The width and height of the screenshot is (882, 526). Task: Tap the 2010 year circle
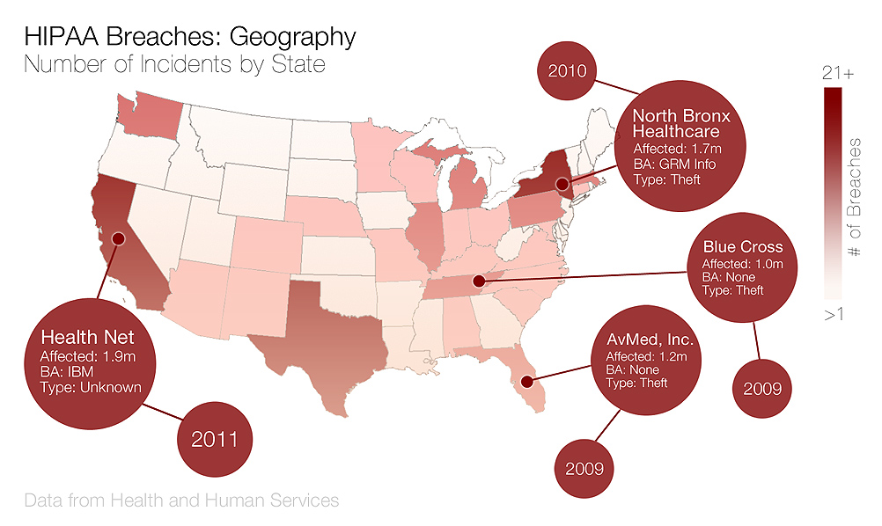click(568, 70)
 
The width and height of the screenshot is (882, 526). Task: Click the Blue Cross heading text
click(742, 247)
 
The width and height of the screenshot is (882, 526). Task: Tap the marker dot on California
click(118, 238)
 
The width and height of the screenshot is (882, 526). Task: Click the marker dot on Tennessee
click(479, 282)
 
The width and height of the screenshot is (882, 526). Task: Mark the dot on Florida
click(526, 382)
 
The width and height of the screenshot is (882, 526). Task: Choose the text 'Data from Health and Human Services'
click(181, 500)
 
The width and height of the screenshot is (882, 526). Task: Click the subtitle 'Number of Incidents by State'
click(173, 65)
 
